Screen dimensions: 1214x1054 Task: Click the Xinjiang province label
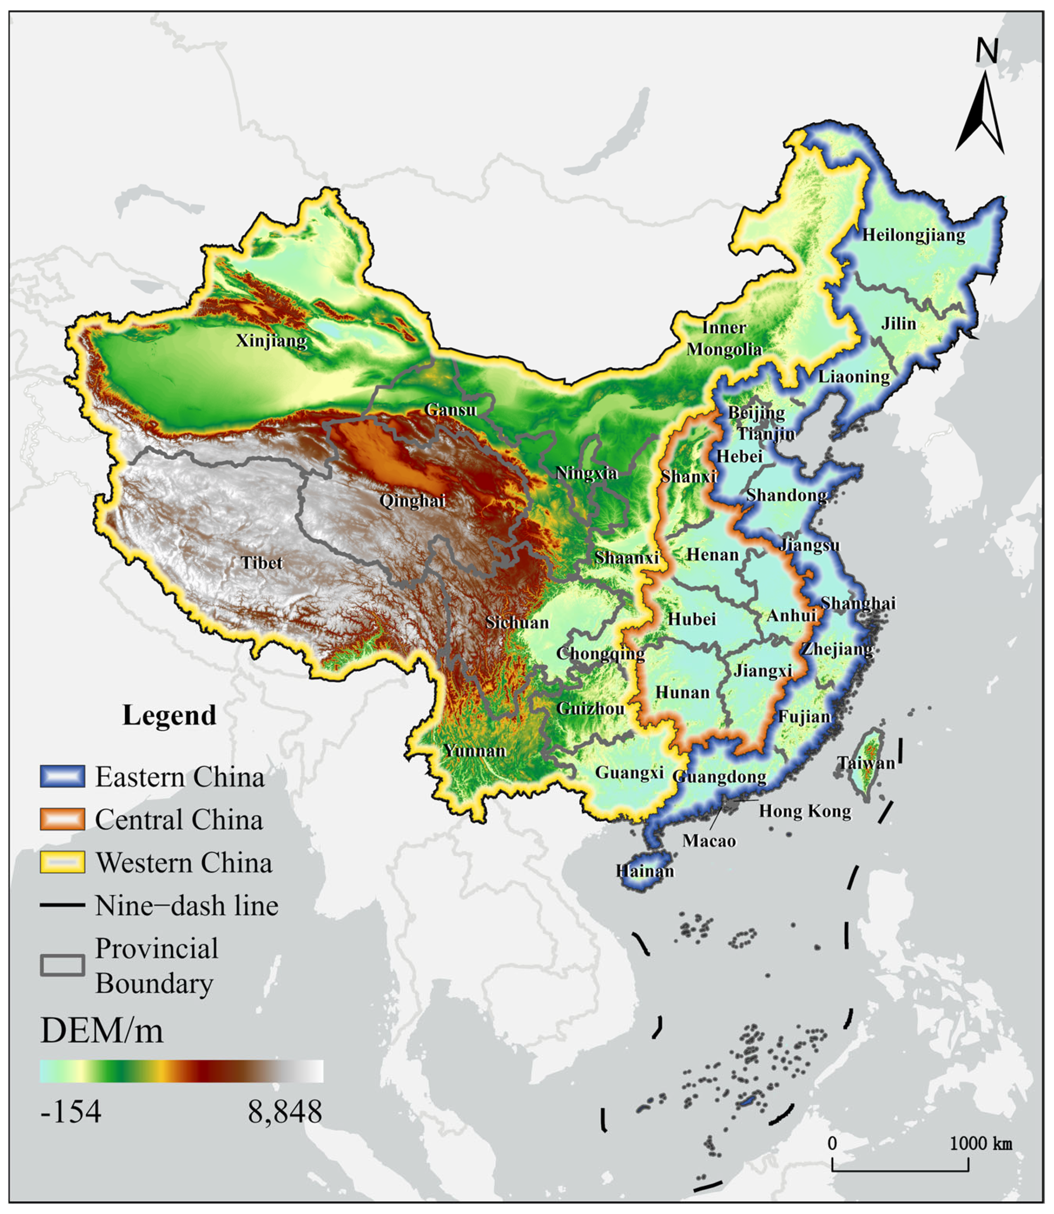(x=271, y=341)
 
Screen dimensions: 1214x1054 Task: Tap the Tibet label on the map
(x=262, y=563)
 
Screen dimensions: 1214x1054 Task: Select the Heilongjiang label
(x=913, y=235)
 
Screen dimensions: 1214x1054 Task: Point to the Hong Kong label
(x=805, y=811)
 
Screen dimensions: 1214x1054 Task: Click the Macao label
(x=709, y=841)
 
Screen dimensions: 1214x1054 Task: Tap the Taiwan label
(x=866, y=763)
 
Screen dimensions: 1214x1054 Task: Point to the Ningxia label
(x=586, y=473)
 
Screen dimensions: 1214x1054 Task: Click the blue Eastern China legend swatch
(x=62, y=777)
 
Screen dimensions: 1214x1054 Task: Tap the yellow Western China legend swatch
(x=62, y=862)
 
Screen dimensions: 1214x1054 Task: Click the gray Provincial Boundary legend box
(x=62, y=965)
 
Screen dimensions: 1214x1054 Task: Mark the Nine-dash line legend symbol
(x=62, y=905)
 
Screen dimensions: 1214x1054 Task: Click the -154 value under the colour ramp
(x=71, y=1112)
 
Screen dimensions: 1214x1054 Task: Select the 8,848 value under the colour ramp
(x=284, y=1112)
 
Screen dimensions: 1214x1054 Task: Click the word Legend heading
(x=170, y=716)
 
